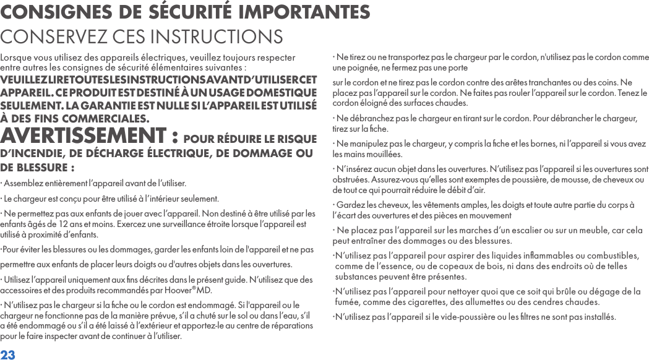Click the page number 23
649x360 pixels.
pyautogui.click(x=8, y=354)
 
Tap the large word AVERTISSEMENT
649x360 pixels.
pyautogui.click(x=85, y=135)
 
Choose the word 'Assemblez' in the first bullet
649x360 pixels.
pyautogui.click(x=24, y=184)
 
